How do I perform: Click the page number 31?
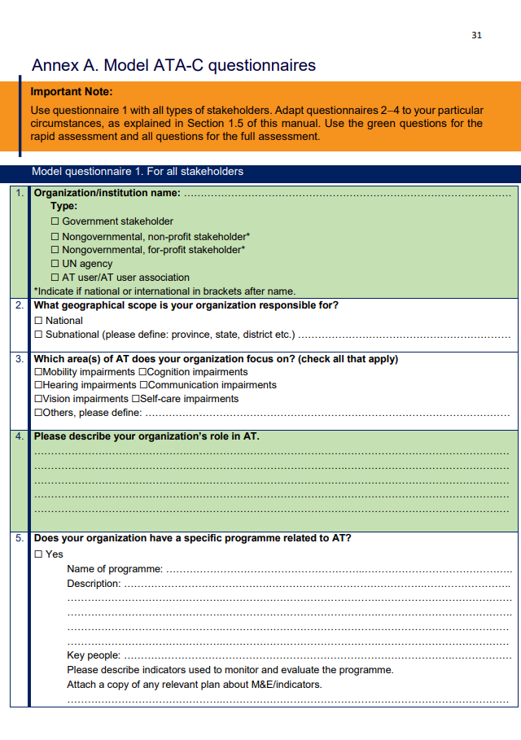pos(476,35)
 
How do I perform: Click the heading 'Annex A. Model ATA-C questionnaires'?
pos(173,65)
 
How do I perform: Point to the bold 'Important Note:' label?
pos(72,92)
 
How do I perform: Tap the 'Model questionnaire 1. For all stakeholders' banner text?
pos(137,172)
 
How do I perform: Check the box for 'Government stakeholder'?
pos(55,221)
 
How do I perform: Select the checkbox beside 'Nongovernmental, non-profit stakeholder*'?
pos(55,236)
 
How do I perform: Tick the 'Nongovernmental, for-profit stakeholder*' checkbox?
pos(55,250)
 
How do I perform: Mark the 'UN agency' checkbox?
pos(55,264)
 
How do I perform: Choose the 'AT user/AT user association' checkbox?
pos(55,278)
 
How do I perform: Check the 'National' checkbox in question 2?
pos(38,321)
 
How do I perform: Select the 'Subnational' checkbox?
pos(38,335)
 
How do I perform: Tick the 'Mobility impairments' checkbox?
pos(38,372)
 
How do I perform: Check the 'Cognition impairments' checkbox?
pos(142,372)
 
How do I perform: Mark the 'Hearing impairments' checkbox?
pos(38,385)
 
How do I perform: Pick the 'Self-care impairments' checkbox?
pos(135,399)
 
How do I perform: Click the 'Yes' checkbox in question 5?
pos(38,554)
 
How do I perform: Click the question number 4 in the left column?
pos(20,436)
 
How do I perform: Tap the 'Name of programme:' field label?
pos(115,569)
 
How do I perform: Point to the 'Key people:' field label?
pos(94,655)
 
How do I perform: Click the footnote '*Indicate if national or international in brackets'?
pos(164,291)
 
